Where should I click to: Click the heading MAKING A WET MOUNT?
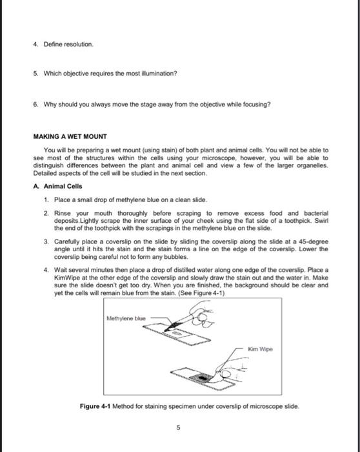[x=70, y=136]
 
